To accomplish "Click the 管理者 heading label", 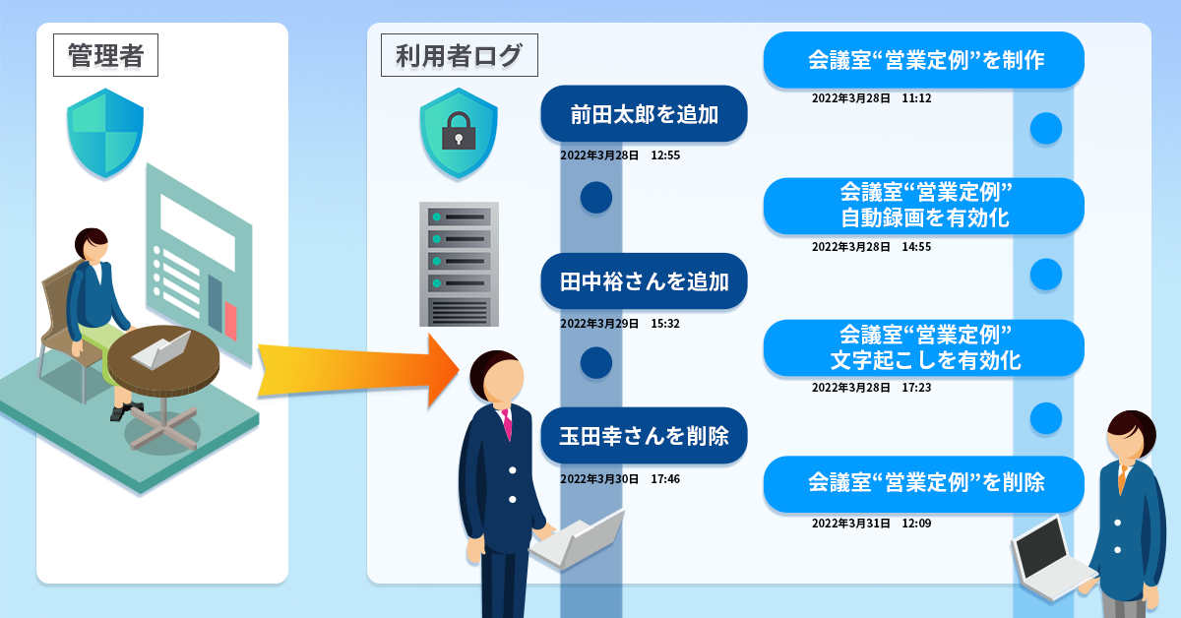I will [105, 55].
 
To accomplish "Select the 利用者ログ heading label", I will [459, 55].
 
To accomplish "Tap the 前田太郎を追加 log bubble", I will [644, 114].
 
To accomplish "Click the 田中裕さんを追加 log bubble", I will [644, 282].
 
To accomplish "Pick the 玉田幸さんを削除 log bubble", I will [644, 435].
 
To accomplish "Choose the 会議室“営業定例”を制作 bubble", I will [924, 60].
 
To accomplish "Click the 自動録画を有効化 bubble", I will [924, 206].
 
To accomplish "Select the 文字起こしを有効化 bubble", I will [924, 347].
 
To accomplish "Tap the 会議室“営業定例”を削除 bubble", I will [924, 483].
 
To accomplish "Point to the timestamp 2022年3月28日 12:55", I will [620, 155].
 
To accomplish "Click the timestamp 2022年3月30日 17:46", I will [620, 479].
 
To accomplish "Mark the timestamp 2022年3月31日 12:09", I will [871, 524].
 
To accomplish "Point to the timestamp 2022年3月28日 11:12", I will [871, 99].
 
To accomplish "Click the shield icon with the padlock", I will [457, 133].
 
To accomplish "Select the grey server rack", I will [459, 264].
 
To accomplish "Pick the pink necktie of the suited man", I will [507, 424].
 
